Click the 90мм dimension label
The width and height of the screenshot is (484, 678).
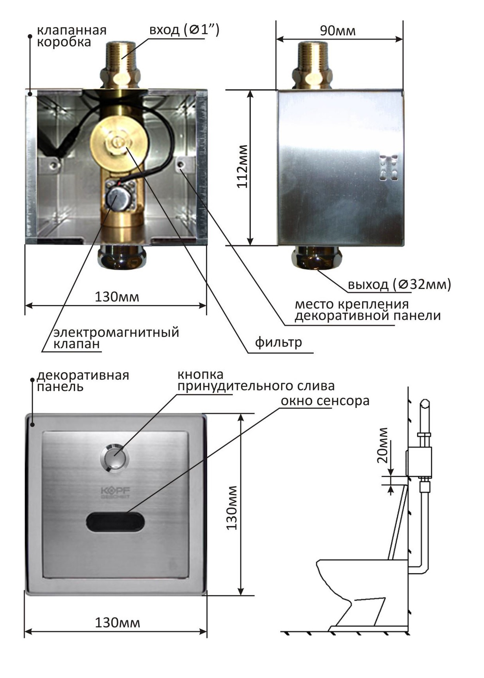pos(337,31)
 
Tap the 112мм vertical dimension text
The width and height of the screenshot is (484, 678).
pos(243,166)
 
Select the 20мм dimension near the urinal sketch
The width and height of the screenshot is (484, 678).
pos(382,445)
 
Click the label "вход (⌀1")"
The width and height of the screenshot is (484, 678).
pos(184,30)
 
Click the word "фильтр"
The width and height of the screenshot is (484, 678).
pos(278,342)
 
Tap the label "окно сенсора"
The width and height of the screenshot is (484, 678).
pos(325,401)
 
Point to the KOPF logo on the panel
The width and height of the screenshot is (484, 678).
pos(115,492)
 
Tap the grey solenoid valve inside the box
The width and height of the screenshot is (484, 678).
pos(117,198)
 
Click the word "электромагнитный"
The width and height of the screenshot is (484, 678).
pos(116,332)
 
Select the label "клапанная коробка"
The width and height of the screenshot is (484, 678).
pos(72,36)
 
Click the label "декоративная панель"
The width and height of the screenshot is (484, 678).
pos(83,380)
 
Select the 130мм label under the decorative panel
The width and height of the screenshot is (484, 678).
pos(117,622)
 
